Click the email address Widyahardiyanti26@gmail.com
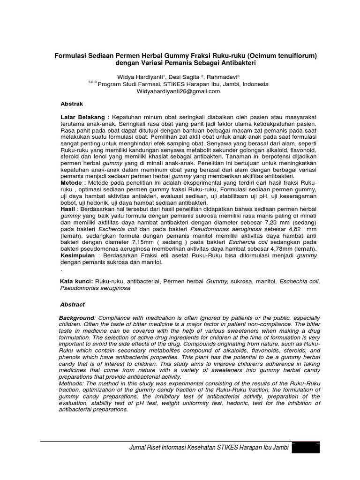(x=178, y=91)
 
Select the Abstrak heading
(x=72, y=103)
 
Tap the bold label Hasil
(x=68, y=209)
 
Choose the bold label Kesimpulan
(x=78, y=255)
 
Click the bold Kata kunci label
(x=77, y=282)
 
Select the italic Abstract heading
(x=73, y=304)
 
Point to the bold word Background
(x=77, y=318)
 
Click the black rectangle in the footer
(x=306, y=449)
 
